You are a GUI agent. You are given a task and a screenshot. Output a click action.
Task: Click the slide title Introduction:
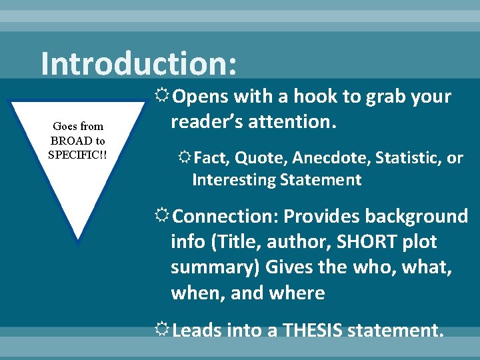[x=138, y=64]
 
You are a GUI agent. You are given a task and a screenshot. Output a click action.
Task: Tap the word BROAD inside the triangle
[x=68, y=141]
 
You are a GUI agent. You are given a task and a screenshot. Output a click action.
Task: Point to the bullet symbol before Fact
[x=183, y=159]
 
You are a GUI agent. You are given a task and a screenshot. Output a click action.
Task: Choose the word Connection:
[x=225, y=217]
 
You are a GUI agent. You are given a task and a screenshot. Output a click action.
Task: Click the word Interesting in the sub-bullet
[x=231, y=179]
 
